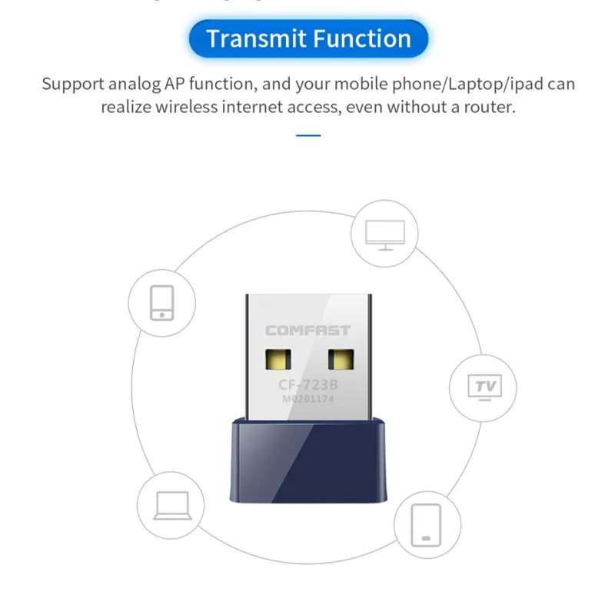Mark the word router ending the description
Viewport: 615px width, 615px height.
pyautogui.click(x=490, y=108)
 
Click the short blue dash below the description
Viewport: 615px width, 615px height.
pyautogui.click(x=307, y=135)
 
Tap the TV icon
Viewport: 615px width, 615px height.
pyautogui.click(x=485, y=385)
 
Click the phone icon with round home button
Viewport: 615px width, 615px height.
pyautogui.click(x=161, y=302)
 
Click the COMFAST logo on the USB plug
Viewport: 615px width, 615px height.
pyautogui.click(x=307, y=331)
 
